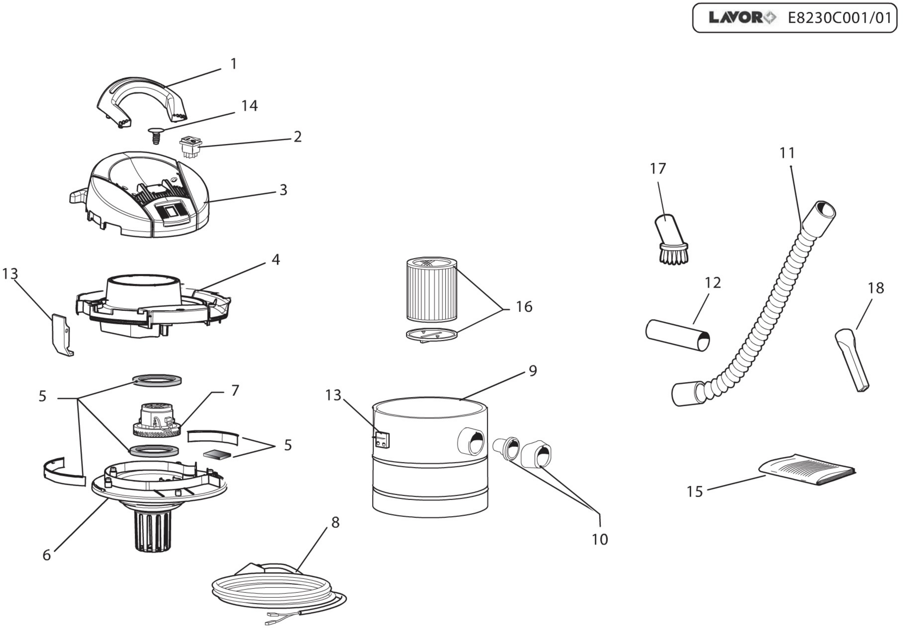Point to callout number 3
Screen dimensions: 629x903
tap(283, 190)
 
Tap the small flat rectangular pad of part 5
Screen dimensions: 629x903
tap(217, 455)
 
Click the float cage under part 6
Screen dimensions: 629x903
tap(153, 531)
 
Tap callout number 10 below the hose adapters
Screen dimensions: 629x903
tap(600, 540)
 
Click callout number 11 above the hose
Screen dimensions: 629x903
tap(787, 153)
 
